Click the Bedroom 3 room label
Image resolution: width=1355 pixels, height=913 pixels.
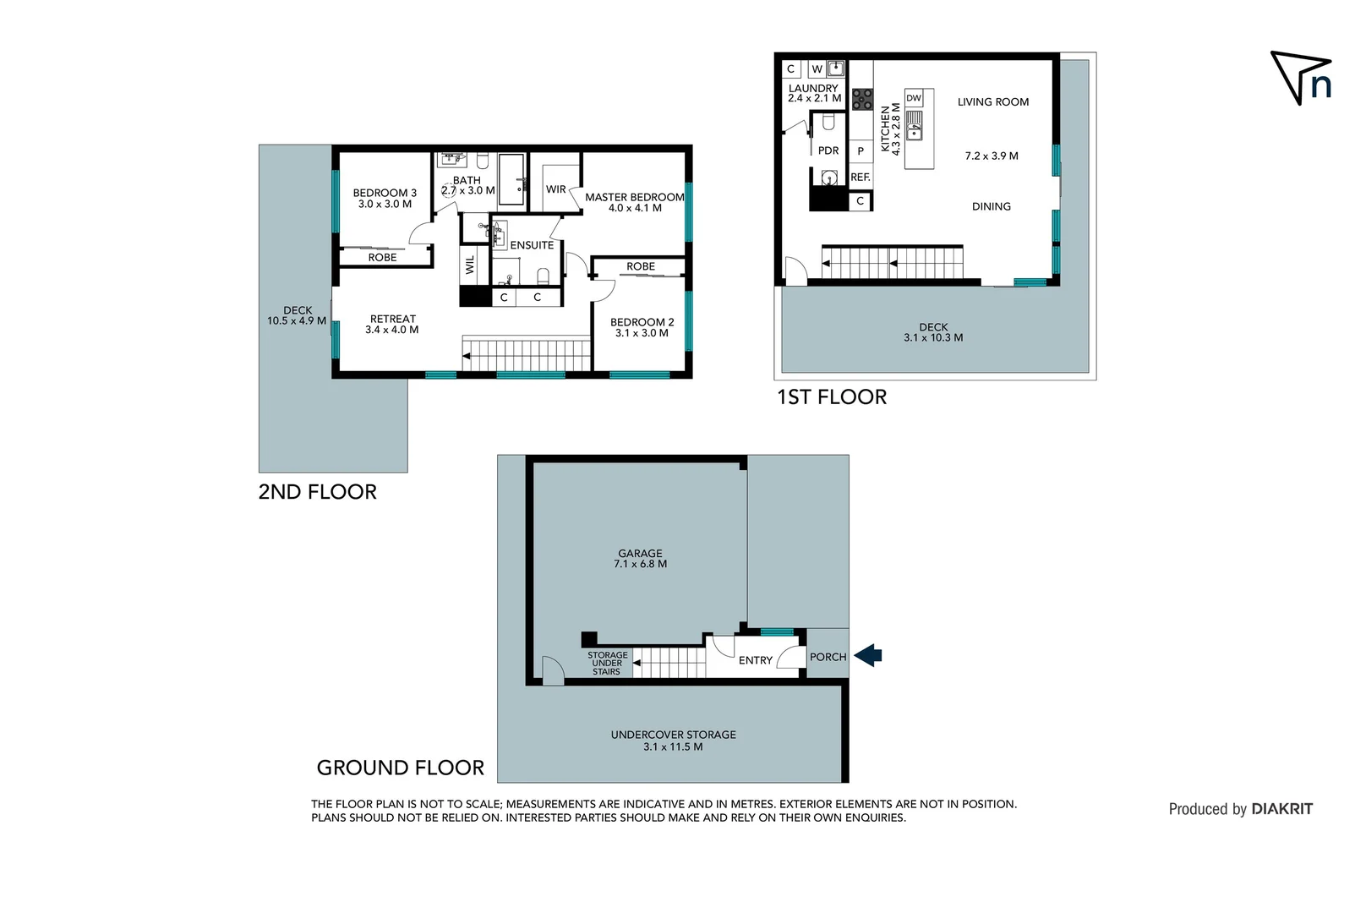click(385, 198)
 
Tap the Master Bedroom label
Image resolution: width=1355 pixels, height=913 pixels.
click(634, 202)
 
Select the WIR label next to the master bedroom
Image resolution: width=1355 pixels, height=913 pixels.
click(555, 189)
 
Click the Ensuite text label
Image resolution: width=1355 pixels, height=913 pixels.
click(532, 245)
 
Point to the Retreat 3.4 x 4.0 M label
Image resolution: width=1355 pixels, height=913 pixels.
click(392, 325)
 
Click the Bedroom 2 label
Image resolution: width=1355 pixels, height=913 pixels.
click(642, 327)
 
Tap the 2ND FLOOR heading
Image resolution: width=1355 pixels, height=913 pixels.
click(317, 492)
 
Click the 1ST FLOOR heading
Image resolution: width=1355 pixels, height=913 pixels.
click(832, 397)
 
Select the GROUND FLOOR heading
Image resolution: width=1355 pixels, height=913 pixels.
click(400, 768)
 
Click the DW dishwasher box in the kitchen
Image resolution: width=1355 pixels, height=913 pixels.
click(914, 98)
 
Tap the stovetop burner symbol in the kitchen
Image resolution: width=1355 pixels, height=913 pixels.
click(861, 100)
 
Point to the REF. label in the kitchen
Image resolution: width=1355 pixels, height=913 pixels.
click(860, 177)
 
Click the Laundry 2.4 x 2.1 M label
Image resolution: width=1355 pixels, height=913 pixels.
click(813, 93)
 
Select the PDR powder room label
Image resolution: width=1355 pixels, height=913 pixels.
click(828, 150)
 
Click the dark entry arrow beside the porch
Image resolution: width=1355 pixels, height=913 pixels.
click(868, 655)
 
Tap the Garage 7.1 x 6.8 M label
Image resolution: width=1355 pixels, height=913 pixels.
click(640, 559)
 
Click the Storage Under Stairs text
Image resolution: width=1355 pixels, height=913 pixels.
click(607, 663)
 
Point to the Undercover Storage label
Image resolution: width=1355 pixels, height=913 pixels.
click(673, 740)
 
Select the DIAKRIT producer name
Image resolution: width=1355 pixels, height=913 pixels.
click(1281, 809)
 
